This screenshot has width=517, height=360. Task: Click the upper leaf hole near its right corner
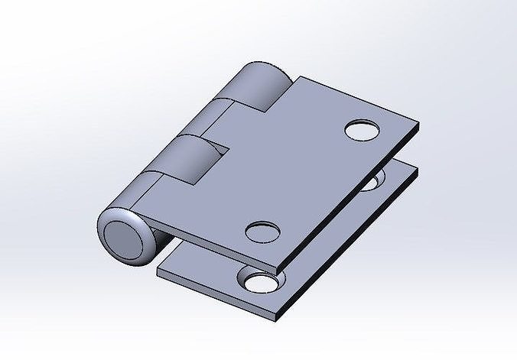(x=363, y=130)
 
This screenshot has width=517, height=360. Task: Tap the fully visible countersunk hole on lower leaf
(x=259, y=282)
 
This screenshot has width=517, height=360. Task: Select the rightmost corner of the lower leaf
(x=419, y=168)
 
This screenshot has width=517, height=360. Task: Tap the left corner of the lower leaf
(x=158, y=269)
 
